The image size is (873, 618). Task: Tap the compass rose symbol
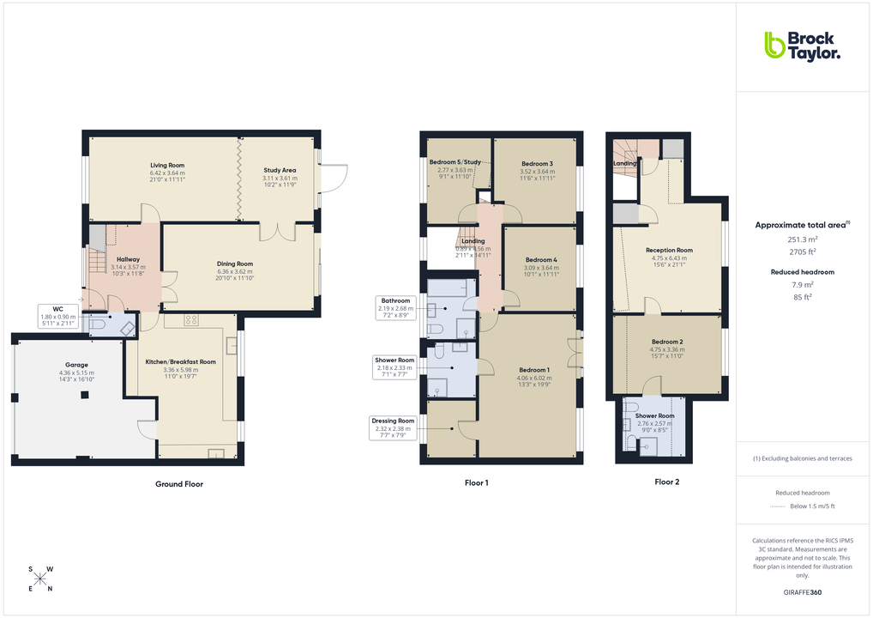coord(39,579)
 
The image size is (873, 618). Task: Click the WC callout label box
coord(58,317)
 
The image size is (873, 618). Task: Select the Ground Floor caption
coord(179,484)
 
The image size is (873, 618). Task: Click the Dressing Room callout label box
coord(393,427)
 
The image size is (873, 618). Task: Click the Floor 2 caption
coord(666,482)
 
